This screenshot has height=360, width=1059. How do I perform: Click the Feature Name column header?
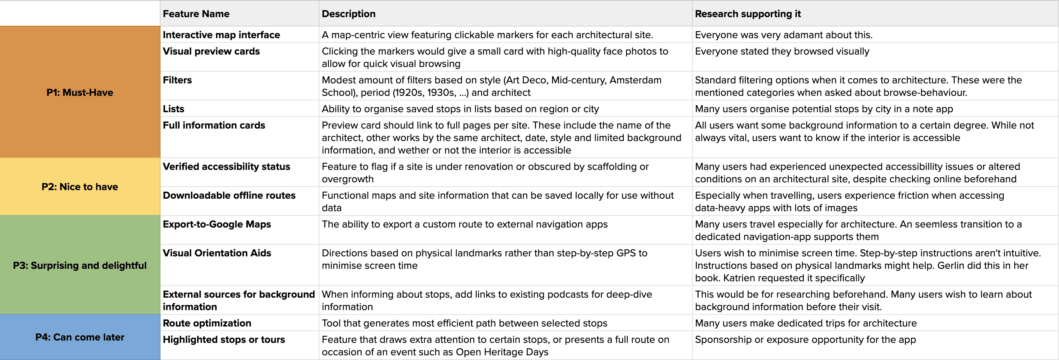pyautogui.click(x=196, y=14)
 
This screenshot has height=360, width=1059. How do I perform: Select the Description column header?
pyautogui.click(x=348, y=14)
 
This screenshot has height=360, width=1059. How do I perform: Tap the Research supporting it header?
pyautogui.click(x=747, y=14)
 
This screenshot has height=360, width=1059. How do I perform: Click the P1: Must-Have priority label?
pyautogui.click(x=80, y=92)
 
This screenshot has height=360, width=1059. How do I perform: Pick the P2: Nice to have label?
pyautogui.click(x=80, y=187)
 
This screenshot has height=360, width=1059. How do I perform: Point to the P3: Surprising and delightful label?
pyautogui.click(x=80, y=265)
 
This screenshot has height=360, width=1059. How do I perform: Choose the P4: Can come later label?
pyautogui.click(x=80, y=337)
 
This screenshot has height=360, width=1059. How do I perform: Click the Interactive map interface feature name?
pyautogui.click(x=221, y=35)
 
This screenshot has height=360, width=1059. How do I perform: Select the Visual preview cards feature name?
pyautogui.click(x=211, y=51)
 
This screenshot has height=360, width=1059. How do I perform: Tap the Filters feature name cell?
pyautogui.click(x=177, y=80)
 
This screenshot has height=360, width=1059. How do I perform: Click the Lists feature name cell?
pyautogui.click(x=173, y=109)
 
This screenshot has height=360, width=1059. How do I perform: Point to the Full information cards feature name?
pyautogui.click(x=214, y=125)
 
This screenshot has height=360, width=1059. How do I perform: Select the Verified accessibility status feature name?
pyautogui.click(x=226, y=166)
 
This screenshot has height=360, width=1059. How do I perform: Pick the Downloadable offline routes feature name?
pyautogui.click(x=229, y=195)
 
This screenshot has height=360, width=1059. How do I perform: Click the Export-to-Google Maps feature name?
pyautogui.click(x=217, y=224)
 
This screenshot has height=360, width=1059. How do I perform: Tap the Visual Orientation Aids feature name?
pyautogui.click(x=217, y=253)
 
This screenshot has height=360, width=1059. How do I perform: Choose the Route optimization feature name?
pyautogui.click(x=207, y=323)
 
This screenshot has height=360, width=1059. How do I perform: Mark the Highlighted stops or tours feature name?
pyautogui.click(x=224, y=340)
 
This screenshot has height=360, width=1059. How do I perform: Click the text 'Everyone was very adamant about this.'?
pyautogui.click(x=784, y=35)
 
